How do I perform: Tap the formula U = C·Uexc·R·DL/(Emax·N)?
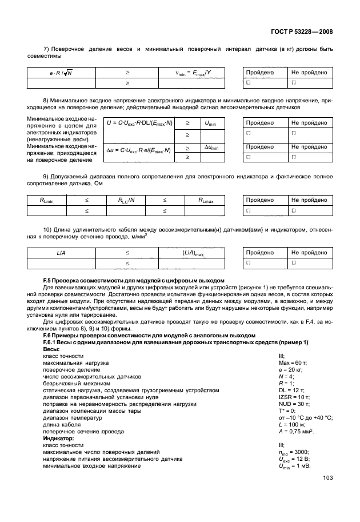coord(141,123)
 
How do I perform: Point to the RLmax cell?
coord(206,200)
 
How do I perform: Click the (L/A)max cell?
coord(193,252)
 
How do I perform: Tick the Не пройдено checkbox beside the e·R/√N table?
coord(294,83)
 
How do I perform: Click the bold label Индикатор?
coord(57,437)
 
